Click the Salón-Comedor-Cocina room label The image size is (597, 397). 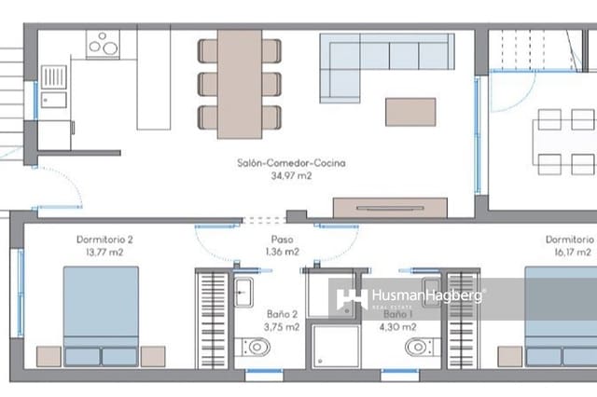tap(281, 162)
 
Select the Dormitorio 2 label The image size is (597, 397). tap(104, 240)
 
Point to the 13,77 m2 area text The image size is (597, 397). tap(104, 252)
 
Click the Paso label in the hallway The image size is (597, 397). tap(281, 240)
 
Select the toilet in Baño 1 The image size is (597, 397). tap(417, 348)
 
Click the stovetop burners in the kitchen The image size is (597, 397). tap(104, 44)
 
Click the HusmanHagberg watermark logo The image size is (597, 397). tap(410, 298)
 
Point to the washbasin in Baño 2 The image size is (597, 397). tap(245, 291)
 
